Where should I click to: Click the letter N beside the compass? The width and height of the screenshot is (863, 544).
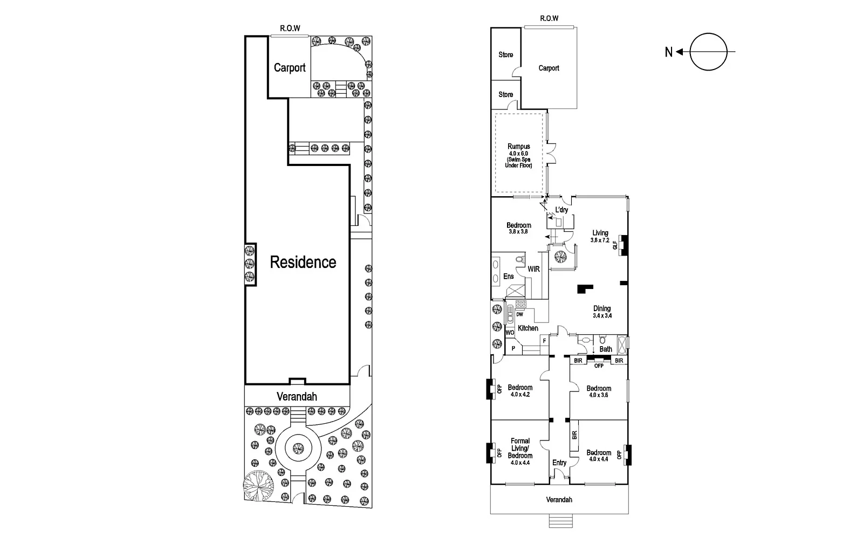[669, 52]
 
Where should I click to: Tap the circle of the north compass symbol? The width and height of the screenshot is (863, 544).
[708, 52]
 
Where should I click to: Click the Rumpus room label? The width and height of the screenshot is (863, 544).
[518, 146]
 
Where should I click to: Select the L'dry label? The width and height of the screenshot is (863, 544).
[561, 210]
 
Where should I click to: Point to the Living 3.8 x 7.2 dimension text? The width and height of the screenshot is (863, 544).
[600, 240]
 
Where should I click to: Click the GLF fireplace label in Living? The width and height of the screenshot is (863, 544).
[615, 245]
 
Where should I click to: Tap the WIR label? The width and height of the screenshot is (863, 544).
[533, 269]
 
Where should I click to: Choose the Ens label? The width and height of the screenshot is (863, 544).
[509, 277]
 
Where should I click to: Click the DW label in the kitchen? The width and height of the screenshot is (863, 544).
[519, 314]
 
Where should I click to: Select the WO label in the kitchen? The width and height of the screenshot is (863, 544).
[510, 332]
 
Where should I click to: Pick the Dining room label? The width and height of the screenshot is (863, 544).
[602, 308]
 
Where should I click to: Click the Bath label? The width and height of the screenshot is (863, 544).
[606, 349]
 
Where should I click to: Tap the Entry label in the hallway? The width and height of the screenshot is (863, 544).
[559, 463]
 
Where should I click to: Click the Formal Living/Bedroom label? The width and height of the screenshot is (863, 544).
[520, 448]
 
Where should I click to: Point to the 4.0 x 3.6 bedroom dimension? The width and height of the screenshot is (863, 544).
[598, 395]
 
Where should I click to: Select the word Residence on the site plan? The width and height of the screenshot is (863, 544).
[303, 262]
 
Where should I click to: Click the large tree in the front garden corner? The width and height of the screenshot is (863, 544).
[258, 486]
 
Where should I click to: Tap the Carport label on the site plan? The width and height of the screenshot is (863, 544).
[289, 68]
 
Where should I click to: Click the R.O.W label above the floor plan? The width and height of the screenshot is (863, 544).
[549, 18]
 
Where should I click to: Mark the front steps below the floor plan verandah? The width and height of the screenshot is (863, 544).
[560, 521]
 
